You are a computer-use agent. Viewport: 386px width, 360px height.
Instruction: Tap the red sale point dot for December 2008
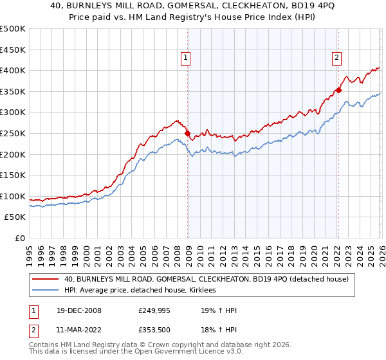188,134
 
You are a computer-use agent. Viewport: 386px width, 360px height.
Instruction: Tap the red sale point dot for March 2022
338,90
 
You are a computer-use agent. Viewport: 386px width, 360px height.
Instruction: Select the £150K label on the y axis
13,175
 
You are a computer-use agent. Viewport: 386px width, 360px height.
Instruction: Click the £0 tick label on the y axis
20,239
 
